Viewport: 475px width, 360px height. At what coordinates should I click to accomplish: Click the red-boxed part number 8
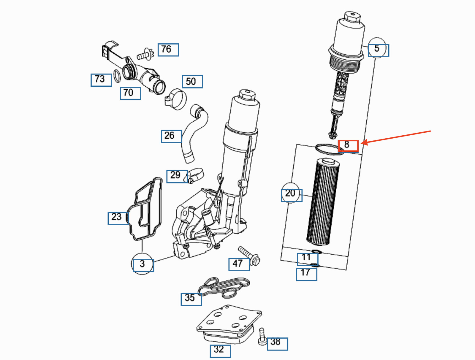348,146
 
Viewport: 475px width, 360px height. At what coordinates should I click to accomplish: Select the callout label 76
168,50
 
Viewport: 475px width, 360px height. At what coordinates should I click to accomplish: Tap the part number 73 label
101,80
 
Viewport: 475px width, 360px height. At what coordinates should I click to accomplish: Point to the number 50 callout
192,82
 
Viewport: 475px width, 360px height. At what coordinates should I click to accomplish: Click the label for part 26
171,137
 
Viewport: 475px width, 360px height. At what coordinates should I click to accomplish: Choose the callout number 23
118,218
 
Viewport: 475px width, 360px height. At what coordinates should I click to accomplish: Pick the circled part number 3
143,265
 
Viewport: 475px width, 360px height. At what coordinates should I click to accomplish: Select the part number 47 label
239,264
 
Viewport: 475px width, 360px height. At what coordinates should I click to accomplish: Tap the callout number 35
191,299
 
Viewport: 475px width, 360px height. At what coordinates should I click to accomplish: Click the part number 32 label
220,351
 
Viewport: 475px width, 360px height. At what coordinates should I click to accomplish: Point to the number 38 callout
277,344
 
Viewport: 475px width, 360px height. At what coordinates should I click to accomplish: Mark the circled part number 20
292,195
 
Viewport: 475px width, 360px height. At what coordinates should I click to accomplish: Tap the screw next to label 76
145,54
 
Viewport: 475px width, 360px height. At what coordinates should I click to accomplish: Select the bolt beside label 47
249,256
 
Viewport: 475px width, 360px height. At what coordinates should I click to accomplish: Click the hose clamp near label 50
176,99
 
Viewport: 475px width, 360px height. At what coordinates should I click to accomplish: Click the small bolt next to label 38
262,337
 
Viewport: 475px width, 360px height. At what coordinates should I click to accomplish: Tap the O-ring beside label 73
117,76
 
